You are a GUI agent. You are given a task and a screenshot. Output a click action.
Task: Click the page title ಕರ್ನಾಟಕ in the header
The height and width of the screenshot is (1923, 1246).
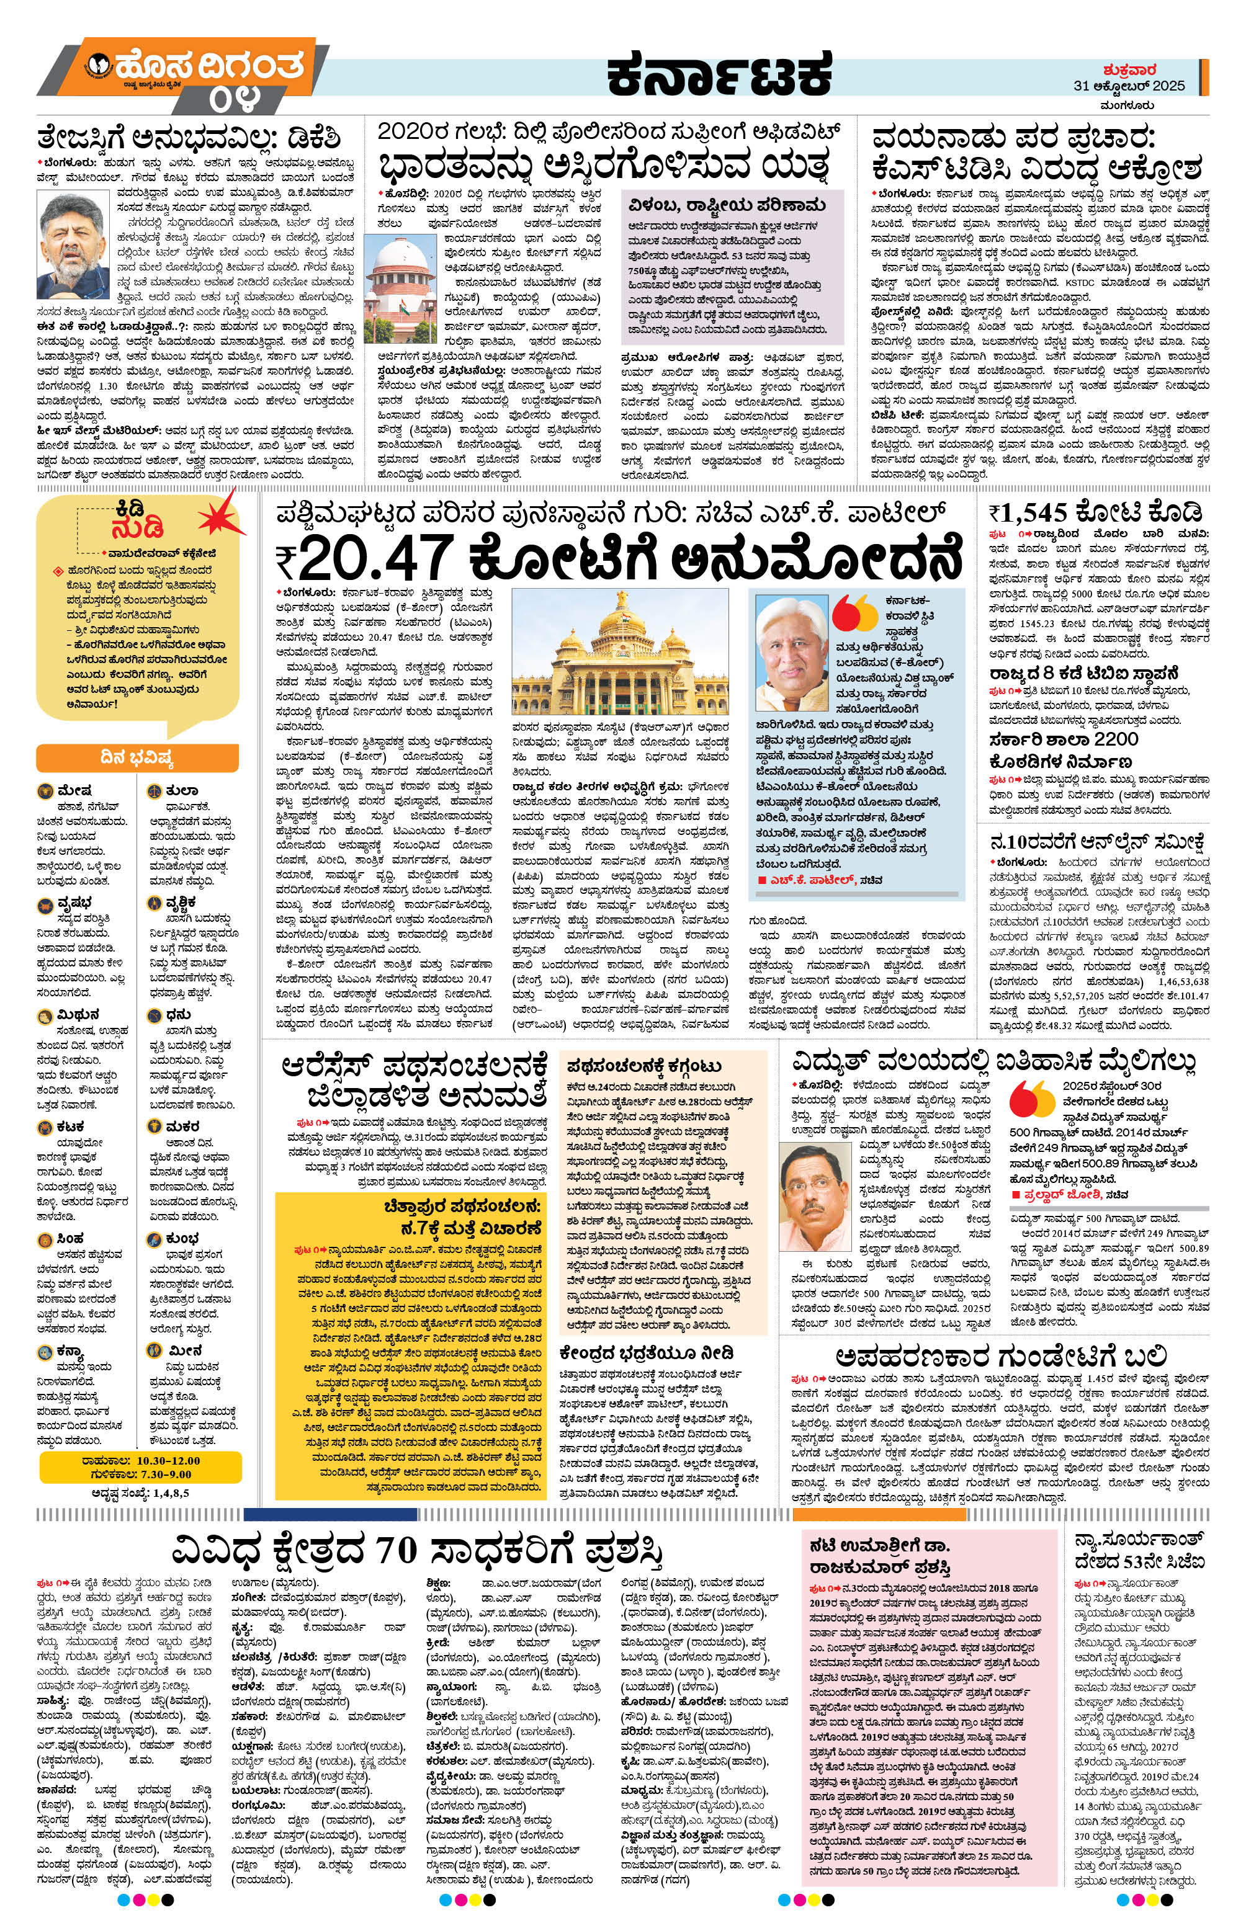click(719, 74)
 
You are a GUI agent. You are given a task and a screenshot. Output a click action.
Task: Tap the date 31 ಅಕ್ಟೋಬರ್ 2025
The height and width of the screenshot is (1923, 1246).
click(1129, 85)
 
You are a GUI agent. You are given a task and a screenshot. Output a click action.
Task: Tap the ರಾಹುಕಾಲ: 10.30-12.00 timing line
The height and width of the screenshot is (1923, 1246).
click(140, 1461)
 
